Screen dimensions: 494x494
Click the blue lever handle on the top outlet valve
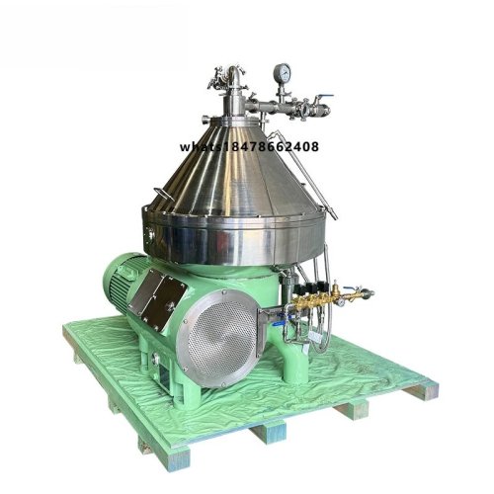coord(324,96)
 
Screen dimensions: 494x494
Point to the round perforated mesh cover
coord(222,338)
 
